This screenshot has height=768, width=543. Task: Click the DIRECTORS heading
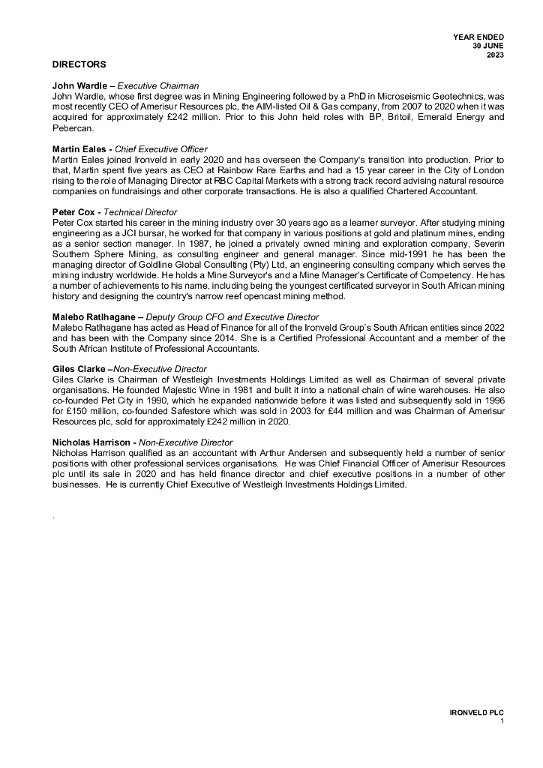coord(79,64)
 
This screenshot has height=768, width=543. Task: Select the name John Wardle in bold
coord(79,85)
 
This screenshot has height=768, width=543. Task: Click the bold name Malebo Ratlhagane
coord(95,317)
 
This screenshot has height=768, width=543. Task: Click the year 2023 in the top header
coord(495,55)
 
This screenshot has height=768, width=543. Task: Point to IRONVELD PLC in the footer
coord(472,712)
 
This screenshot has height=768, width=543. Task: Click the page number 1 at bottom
coord(502,721)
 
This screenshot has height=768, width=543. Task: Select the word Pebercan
coord(73,128)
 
